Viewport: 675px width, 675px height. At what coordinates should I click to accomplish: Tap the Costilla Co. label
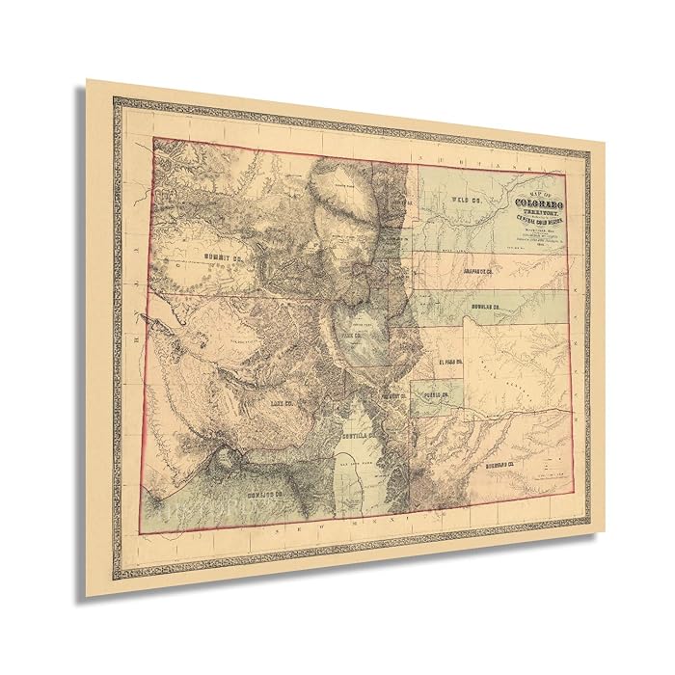pos(359,436)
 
